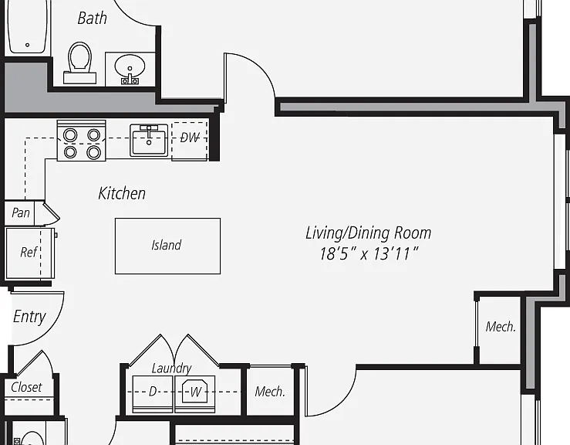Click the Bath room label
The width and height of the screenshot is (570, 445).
pyautogui.click(x=93, y=19)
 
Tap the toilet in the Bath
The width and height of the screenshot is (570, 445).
pyautogui.click(x=79, y=63)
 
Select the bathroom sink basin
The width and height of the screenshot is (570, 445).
pyautogui.click(x=130, y=66)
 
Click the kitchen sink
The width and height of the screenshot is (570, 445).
pyautogui.click(x=149, y=141)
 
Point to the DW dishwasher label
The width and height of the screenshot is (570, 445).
pyautogui.click(x=190, y=138)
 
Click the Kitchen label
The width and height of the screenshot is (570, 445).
pyautogui.click(x=122, y=193)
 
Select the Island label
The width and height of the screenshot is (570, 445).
pyautogui.click(x=167, y=245)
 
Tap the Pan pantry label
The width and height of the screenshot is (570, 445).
pyautogui.click(x=21, y=212)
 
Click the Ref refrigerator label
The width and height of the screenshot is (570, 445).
pyautogui.click(x=29, y=252)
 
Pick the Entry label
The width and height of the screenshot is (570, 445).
pyautogui.click(x=29, y=317)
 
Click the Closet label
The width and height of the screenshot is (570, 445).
pyautogui.click(x=26, y=387)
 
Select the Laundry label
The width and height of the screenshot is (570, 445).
pyautogui.click(x=171, y=369)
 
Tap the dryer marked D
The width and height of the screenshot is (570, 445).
pyautogui.click(x=153, y=394)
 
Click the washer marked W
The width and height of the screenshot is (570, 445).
pyautogui.click(x=195, y=394)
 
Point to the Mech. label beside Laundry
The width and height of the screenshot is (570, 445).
pyautogui.click(x=270, y=392)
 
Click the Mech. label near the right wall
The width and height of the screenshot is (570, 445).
pyautogui.click(x=501, y=327)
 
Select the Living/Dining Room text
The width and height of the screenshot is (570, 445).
pyautogui.click(x=368, y=233)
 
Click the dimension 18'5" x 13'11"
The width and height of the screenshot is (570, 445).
pyautogui.click(x=369, y=254)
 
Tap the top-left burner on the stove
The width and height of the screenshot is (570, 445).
pyautogui.click(x=70, y=135)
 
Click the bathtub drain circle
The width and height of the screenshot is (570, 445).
pyautogui.click(x=27, y=45)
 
